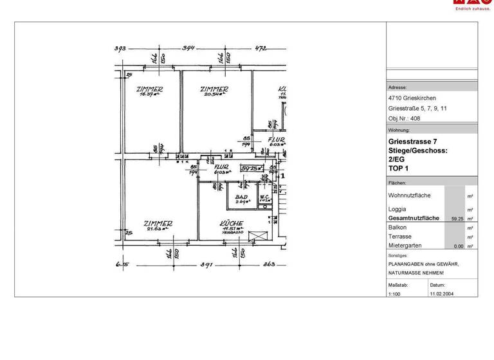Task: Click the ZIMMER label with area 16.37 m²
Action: (x=149, y=89)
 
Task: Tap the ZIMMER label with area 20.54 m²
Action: (x=214, y=89)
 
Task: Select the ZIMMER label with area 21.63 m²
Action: (x=157, y=224)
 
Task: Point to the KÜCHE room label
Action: (x=231, y=224)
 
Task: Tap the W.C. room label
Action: (x=265, y=197)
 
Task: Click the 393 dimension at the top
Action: (x=120, y=48)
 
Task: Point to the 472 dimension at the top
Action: (x=261, y=48)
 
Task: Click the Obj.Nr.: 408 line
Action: (x=404, y=118)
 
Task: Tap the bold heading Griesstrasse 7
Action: (x=412, y=141)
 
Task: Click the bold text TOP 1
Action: (x=398, y=168)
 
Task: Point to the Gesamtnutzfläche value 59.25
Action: (x=458, y=219)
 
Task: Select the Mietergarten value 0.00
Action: (x=458, y=246)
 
